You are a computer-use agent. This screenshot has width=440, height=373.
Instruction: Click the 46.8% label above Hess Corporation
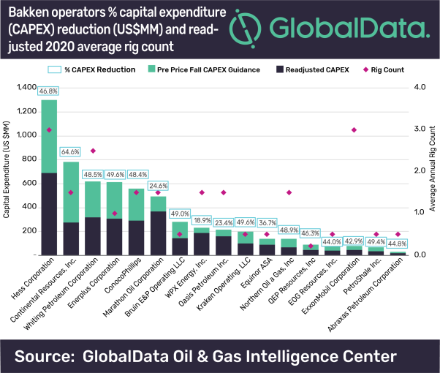click(49, 91)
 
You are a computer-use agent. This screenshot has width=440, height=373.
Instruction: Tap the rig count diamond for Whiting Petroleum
click(93, 151)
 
